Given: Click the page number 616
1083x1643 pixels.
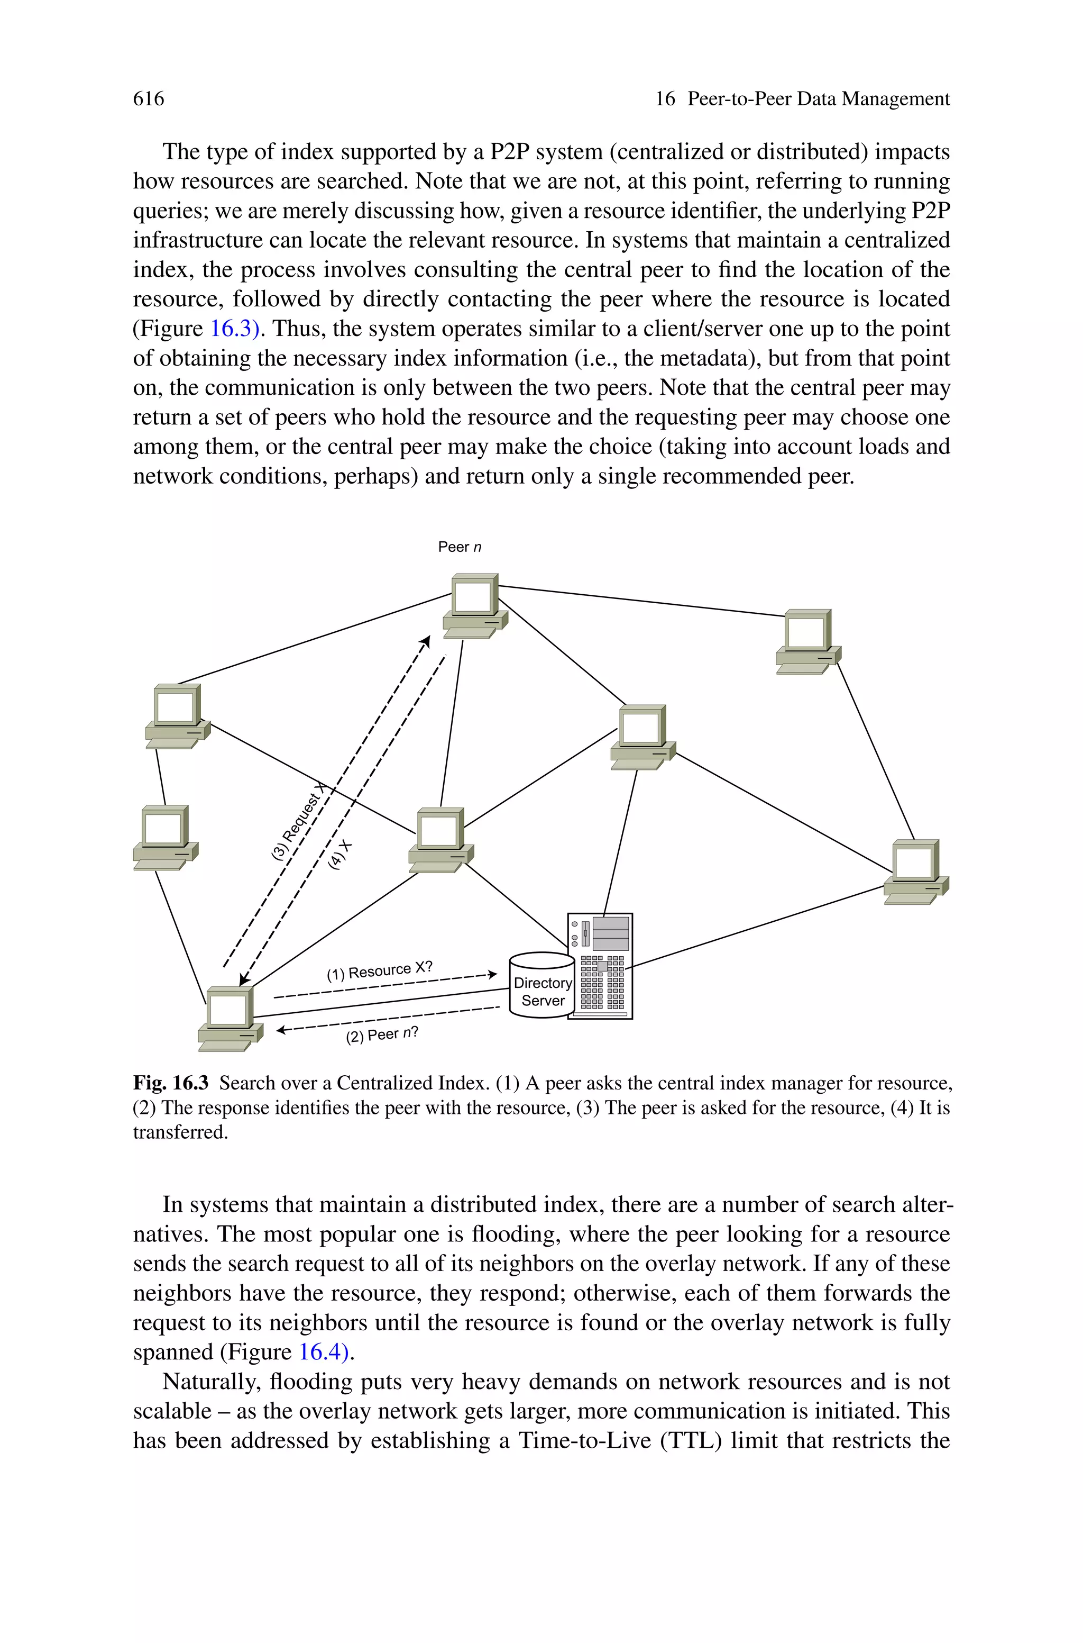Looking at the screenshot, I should tap(149, 99).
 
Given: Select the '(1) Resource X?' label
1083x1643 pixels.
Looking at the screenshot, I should tap(379, 971).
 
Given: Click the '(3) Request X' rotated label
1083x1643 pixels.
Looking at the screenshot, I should tap(297, 822).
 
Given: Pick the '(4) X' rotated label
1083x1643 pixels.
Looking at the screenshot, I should tap(340, 855).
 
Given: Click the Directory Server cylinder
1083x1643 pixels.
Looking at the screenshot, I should tap(541, 985).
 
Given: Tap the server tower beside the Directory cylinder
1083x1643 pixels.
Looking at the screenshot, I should tap(600, 966).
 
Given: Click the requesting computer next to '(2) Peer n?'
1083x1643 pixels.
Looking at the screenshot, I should tap(230, 1019).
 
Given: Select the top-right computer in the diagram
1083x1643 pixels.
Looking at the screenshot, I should tap(807, 641).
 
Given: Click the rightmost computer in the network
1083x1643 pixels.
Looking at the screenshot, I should tap(915, 872).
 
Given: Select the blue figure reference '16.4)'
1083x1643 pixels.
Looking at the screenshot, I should tap(324, 1351).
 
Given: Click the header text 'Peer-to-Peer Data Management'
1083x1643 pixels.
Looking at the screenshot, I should tap(819, 99).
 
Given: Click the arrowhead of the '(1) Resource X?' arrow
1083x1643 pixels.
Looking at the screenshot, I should tap(492, 974).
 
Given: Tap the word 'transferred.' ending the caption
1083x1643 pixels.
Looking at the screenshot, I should tap(180, 1132).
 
